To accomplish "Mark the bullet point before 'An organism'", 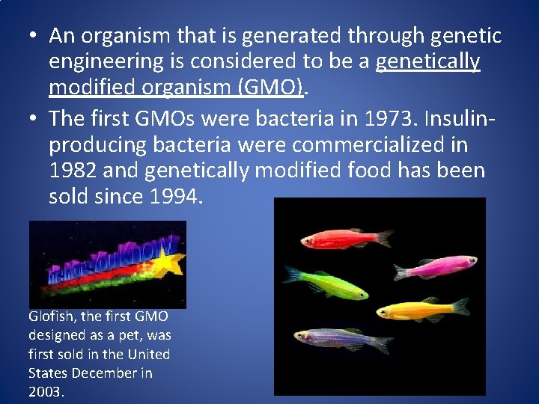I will pos(33,36).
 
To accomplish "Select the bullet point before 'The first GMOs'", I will pos(33,117).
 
